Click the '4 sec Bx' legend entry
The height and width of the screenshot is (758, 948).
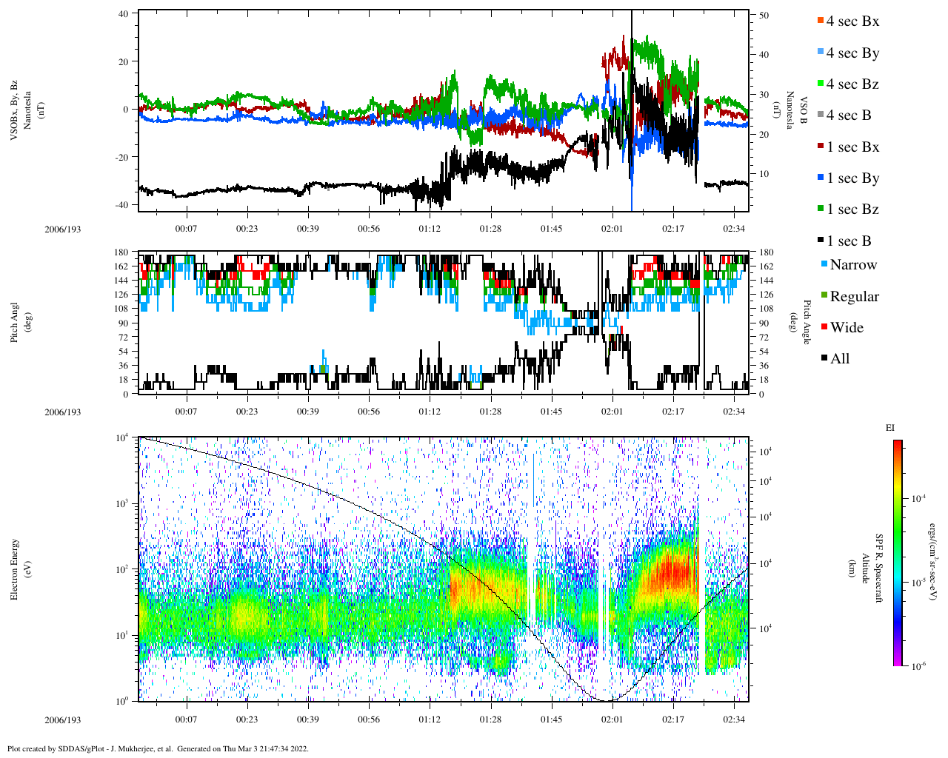[x=852, y=21]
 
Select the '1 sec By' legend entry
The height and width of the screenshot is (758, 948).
[x=852, y=178]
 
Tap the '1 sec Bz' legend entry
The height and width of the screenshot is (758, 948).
[x=852, y=209]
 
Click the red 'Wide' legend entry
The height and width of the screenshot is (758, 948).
[x=847, y=328]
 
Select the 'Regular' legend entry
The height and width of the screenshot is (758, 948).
[x=854, y=297]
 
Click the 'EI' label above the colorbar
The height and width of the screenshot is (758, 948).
[x=890, y=427]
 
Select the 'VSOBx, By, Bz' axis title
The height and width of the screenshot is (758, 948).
[x=15, y=110]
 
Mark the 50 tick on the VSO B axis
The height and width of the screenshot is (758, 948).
[x=764, y=15]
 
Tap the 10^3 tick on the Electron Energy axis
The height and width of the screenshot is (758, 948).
[x=123, y=503]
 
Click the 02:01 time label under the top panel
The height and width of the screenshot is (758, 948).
[x=612, y=229]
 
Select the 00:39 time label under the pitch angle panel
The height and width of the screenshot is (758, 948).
[x=308, y=412]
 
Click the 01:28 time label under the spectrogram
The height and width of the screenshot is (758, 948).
[x=490, y=720]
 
